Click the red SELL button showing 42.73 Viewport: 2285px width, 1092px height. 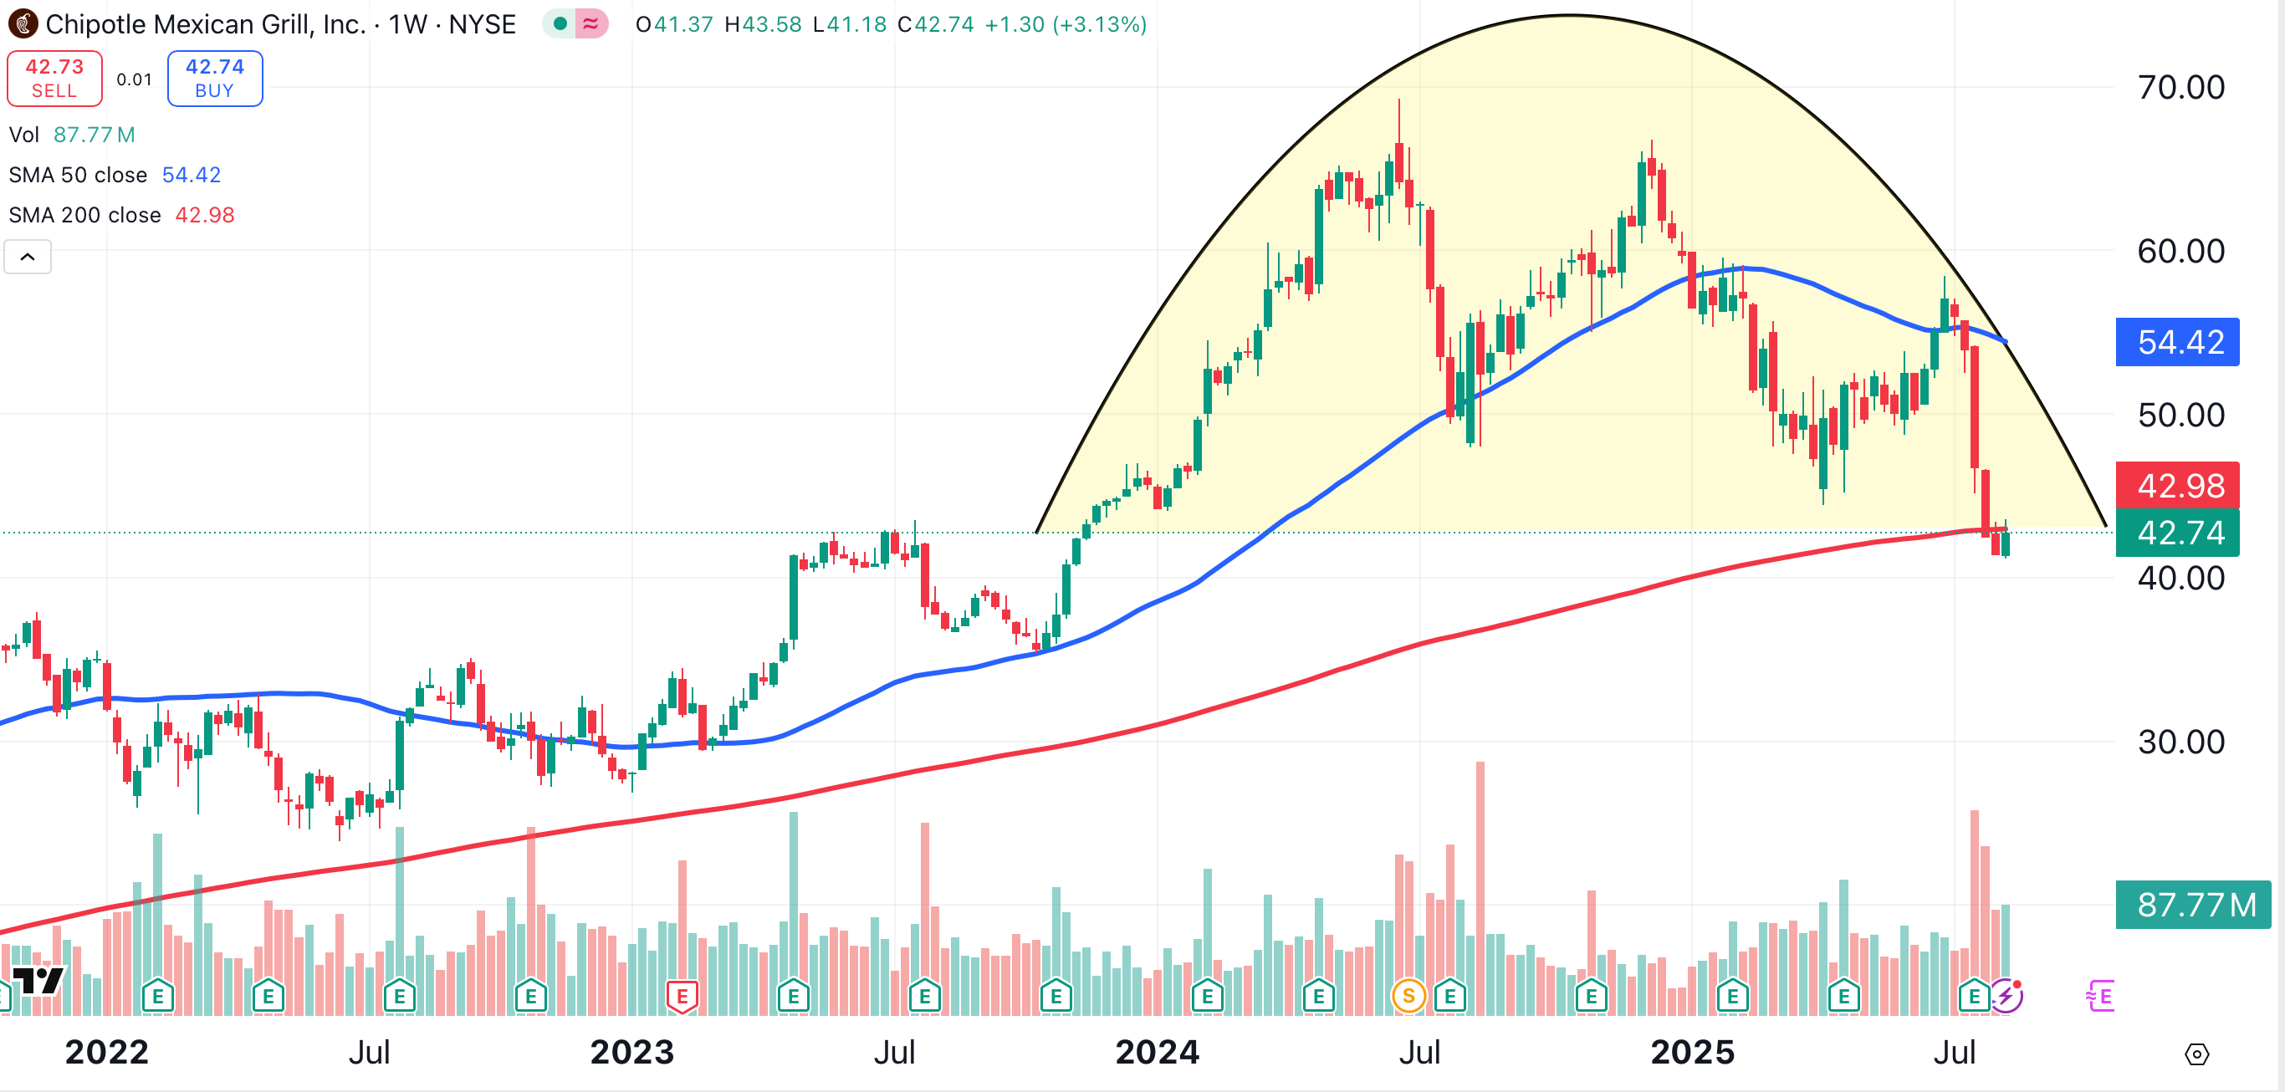click(54, 78)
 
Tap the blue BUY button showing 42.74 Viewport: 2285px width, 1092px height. click(215, 78)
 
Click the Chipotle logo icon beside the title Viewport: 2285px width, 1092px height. click(23, 24)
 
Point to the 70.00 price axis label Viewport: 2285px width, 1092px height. click(2180, 87)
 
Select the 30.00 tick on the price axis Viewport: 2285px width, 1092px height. click(2180, 742)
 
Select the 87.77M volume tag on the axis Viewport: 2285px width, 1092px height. click(2193, 905)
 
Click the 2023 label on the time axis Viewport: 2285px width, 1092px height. click(631, 1052)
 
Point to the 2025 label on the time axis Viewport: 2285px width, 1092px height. click(1691, 1052)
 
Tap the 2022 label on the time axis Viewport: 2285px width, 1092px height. click(106, 1052)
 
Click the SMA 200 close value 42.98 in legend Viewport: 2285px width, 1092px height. click(205, 216)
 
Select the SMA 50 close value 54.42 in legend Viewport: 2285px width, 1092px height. click(191, 175)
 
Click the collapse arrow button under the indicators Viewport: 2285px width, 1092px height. click(28, 258)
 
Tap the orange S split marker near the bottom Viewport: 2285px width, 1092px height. click(1408, 995)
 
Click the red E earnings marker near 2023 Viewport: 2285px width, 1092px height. click(682, 995)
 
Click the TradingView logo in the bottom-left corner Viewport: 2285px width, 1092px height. click(38, 980)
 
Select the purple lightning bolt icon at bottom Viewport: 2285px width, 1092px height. click(2006, 995)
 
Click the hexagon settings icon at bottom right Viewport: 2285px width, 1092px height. click(2196, 1054)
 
